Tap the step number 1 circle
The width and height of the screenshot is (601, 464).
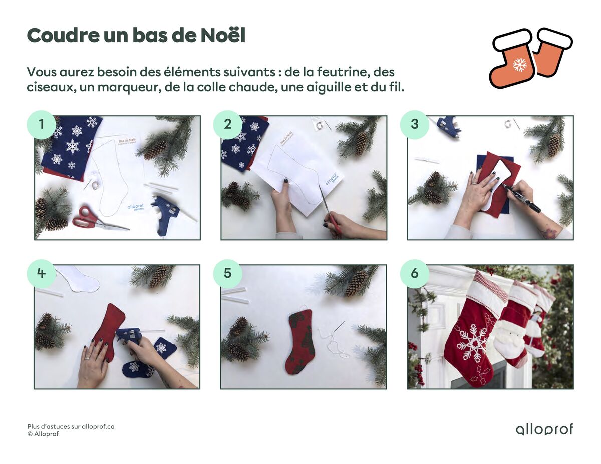tap(41, 124)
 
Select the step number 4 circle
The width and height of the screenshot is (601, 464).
tap(41, 273)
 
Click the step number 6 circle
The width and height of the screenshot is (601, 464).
tap(414, 273)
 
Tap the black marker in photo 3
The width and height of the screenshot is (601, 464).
tap(521, 198)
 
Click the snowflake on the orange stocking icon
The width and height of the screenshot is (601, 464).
tap(520, 64)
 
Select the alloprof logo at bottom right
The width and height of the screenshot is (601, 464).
tap(544, 429)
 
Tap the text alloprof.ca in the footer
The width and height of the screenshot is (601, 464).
tap(98, 427)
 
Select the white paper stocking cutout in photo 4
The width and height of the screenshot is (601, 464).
tap(78, 279)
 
